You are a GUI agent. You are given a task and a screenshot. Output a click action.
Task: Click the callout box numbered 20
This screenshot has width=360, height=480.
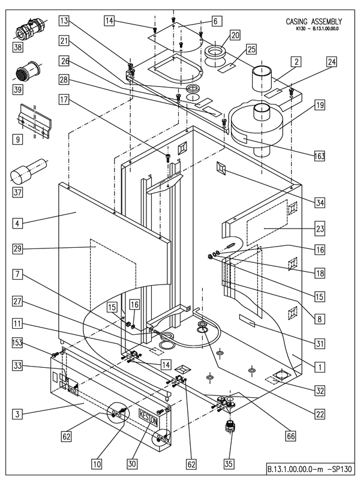click(x=234, y=35)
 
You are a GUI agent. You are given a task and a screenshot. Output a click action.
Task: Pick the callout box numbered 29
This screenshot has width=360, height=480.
click(x=19, y=248)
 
